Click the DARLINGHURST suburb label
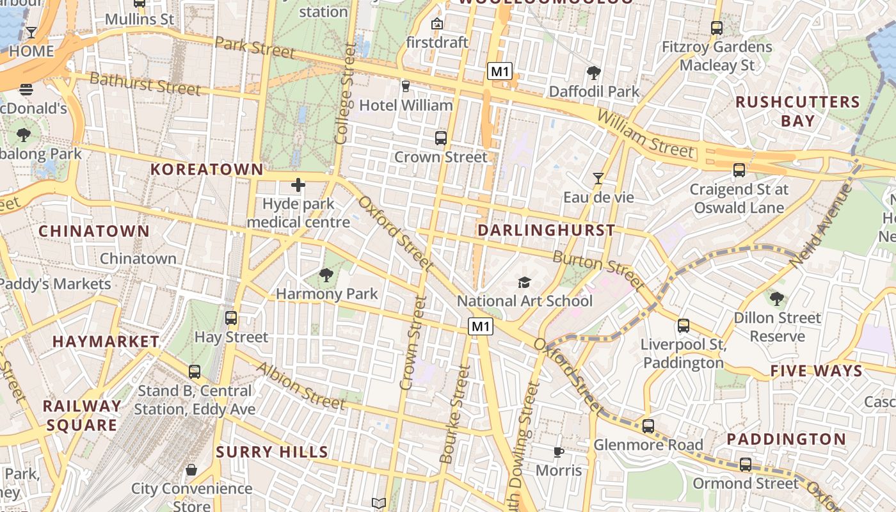(x=546, y=230)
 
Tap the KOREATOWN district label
(x=206, y=170)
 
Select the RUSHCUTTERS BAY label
(x=797, y=111)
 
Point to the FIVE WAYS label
(x=816, y=371)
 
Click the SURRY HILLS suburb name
(x=272, y=452)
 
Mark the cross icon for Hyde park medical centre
(x=298, y=186)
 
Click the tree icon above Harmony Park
(x=326, y=275)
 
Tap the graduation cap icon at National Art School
(x=524, y=282)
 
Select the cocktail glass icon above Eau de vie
(x=598, y=179)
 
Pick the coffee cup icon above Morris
(x=559, y=452)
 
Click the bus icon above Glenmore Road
(x=648, y=426)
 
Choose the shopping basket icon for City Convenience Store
(x=191, y=470)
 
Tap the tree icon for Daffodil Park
(x=593, y=73)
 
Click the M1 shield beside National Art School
(x=481, y=327)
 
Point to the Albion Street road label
(x=301, y=385)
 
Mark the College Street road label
(x=344, y=93)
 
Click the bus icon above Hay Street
(x=231, y=318)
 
